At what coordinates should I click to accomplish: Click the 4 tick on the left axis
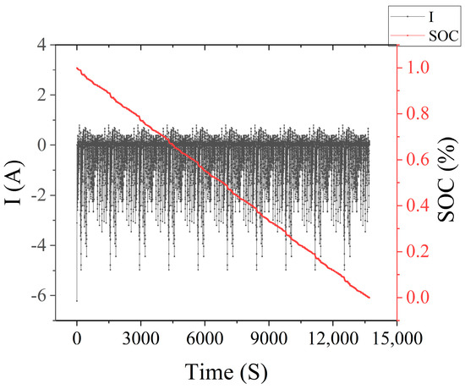38,44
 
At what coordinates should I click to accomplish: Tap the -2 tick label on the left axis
36,194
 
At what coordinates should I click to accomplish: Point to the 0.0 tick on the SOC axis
420,298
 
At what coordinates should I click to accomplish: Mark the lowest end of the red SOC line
369,298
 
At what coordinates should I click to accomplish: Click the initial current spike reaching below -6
77,300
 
